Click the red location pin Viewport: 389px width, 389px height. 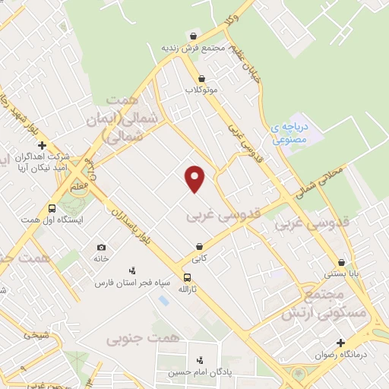195,178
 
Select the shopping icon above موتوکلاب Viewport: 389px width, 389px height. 201,78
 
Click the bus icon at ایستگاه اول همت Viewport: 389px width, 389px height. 52,208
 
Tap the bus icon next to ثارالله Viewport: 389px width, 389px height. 187,277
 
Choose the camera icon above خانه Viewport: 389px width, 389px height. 102,248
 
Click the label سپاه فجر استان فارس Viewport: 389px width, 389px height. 125,283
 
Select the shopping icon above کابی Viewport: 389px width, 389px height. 199,247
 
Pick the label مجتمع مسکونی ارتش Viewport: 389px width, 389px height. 324,302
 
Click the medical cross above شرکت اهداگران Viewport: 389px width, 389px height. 43,145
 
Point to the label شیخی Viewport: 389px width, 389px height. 36,334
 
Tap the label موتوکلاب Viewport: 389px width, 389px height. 201,90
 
